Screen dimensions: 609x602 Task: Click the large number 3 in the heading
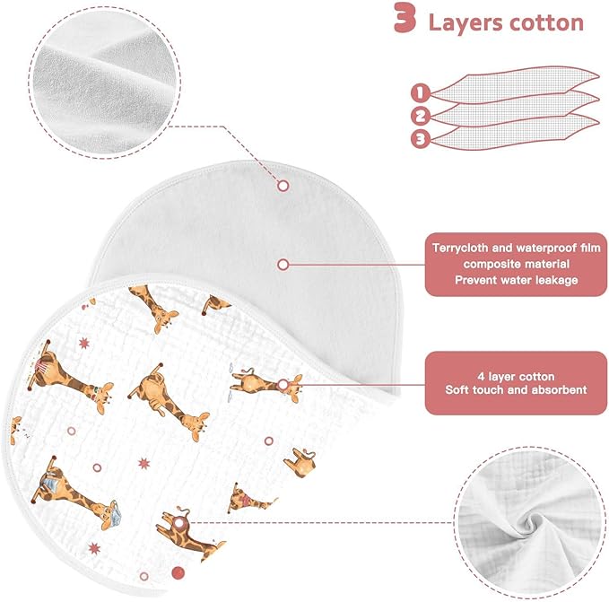pos(405,18)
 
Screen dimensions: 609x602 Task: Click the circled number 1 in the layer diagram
pos(421,93)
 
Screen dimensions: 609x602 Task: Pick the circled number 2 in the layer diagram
pos(421,116)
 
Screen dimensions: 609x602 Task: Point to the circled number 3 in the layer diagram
pos(421,139)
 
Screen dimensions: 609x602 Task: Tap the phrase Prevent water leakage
pos(517,280)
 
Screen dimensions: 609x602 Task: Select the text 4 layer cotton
pos(517,376)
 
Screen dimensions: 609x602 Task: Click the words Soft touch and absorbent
pos(517,389)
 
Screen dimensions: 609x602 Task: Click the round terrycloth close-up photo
pos(104,82)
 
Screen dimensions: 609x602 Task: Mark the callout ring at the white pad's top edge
pos(283,186)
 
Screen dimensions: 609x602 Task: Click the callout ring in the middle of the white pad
pos(283,265)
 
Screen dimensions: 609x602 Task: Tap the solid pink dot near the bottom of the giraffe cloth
pos(178,572)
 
